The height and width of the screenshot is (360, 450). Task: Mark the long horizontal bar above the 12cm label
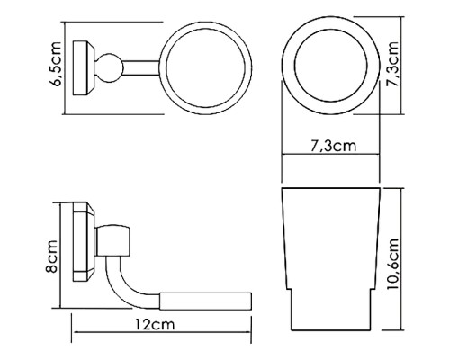tap(204, 298)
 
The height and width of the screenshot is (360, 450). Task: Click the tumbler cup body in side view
tap(332, 238)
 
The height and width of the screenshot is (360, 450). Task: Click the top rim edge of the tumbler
tap(332, 191)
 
